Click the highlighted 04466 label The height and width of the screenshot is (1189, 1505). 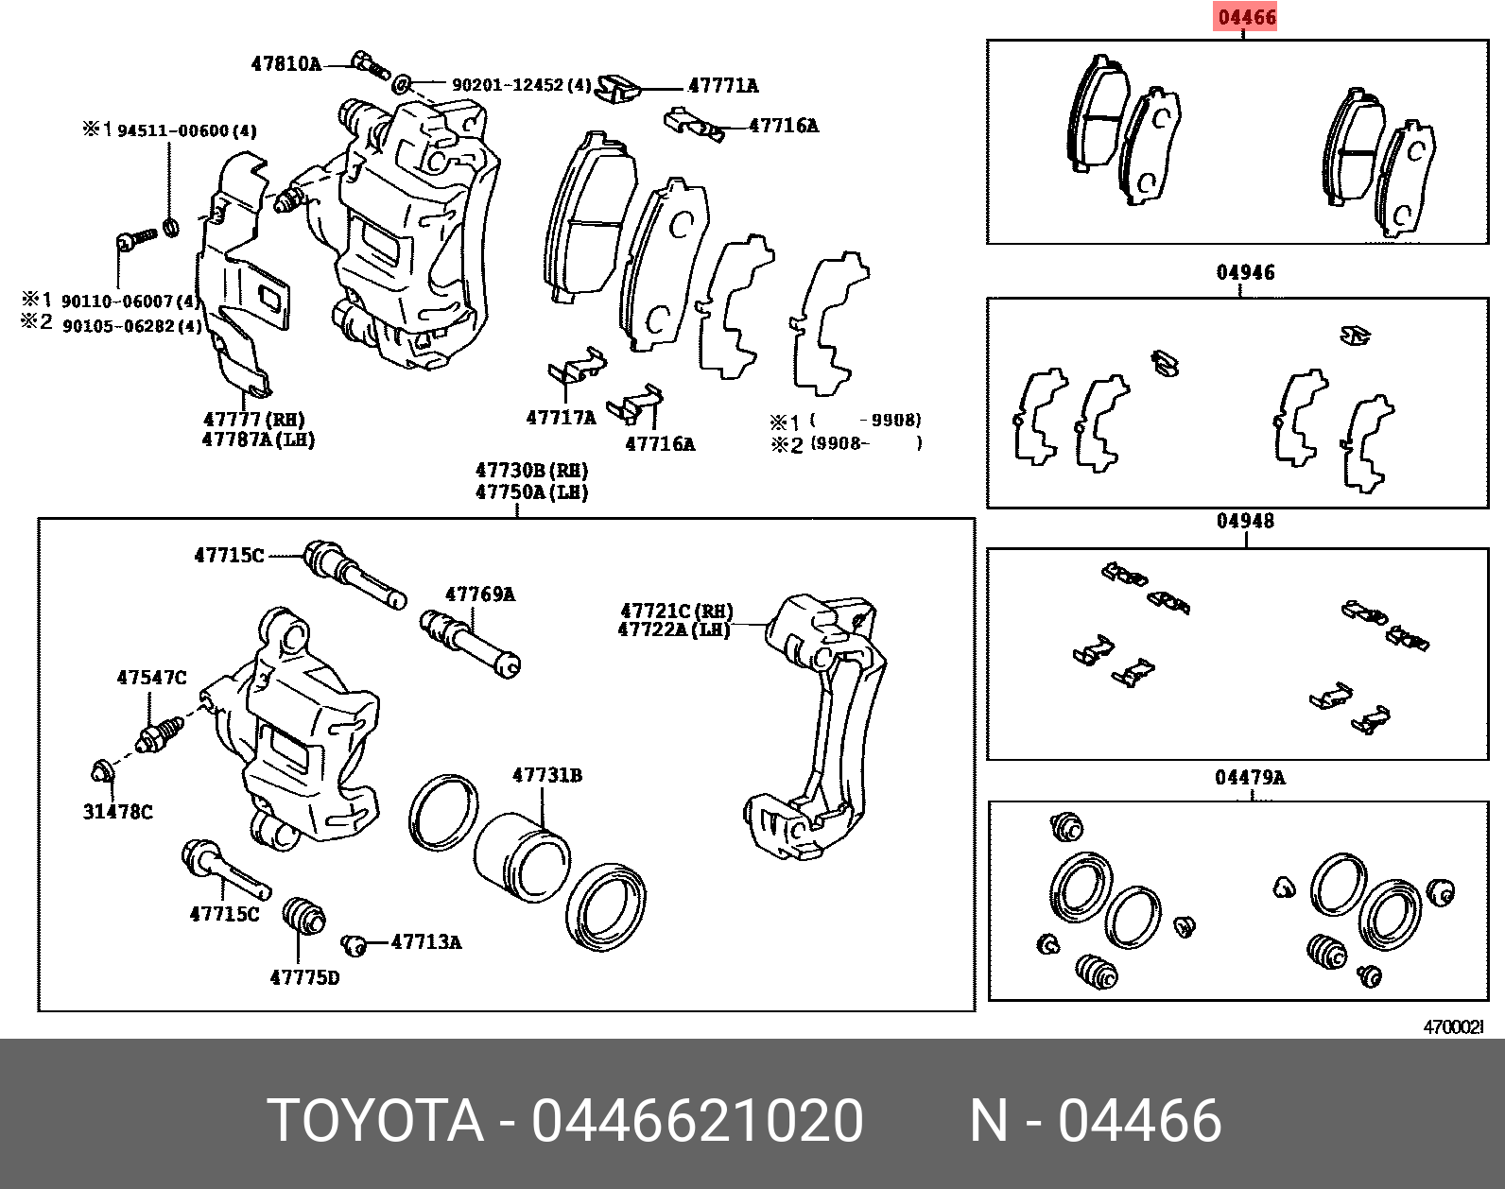point(1246,17)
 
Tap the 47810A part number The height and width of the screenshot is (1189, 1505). point(285,64)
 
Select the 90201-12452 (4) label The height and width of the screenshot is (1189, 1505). point(521,85)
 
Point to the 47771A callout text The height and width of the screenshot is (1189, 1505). point(723,86)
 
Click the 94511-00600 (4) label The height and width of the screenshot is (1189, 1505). point(186,130)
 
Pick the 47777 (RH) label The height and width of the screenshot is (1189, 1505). point(253,419)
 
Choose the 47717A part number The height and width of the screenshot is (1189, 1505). point(561,418)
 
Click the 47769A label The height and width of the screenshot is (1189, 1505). point(479,594)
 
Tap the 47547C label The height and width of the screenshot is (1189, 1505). point(151,678)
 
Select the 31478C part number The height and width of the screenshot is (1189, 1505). point(117,812)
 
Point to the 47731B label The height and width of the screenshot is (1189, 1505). point(546,776)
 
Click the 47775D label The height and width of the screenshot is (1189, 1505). point(304,978)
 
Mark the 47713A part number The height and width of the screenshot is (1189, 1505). point(425,942)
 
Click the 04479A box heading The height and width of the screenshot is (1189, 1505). point(1250,778)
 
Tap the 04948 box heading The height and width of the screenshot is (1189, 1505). point(1245,522)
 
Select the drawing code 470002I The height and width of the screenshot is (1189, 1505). point(1454,1027)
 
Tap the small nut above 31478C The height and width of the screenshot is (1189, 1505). point(102,772)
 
